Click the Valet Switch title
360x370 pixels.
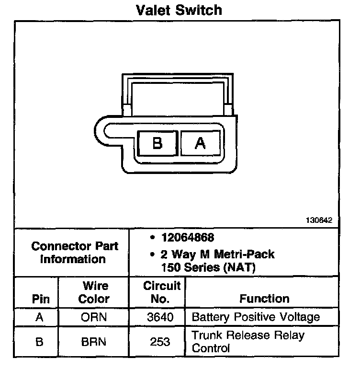pos(180,9)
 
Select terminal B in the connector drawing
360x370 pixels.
pos(157,143)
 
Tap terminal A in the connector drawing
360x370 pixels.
pos(200,143)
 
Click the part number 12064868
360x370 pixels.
pos(188,238)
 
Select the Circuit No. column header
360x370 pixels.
pos(162,292)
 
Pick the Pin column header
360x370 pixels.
pos(41,299)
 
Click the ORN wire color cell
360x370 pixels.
pos(94,317)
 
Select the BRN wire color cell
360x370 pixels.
pos(94,342)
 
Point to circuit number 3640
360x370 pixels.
pos(160,317)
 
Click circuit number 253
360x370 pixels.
pos(160,342)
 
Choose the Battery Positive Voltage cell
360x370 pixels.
pos(255,317)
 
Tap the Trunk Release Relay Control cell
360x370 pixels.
pos(248,341)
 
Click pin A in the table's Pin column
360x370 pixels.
pos(41,317)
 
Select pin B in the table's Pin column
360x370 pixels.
pos(41,342)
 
